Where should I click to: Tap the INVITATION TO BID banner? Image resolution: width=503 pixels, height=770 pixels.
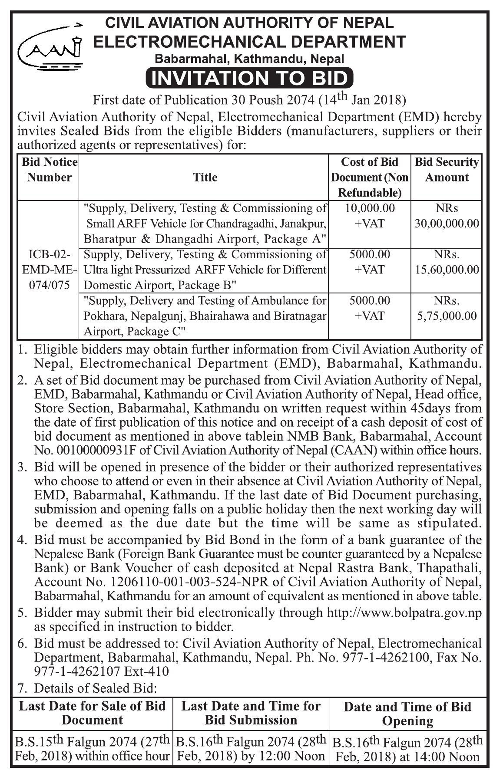pyautogui.click(x=250, y=78)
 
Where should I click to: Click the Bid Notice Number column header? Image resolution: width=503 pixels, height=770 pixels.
pyautogui.click(x=49, y=170)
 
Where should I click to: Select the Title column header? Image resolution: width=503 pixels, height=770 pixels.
pyautogui.click(x=205, y=177)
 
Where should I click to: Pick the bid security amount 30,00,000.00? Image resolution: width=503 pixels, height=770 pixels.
pyautogui.click(x=447, y=224)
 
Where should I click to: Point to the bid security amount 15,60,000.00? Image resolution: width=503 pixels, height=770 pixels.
pyautogui.click(x=447, y=270)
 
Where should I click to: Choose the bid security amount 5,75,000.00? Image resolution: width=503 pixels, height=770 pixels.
pyautogui.click(x=447, y=316)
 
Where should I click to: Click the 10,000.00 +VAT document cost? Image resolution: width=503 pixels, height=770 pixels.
pyautogui.click(x=370, y=216)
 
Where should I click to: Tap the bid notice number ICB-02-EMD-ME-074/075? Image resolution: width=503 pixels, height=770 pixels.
pyautogui.click(x=49, y=270)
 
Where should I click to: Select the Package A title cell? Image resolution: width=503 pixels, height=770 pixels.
pyautogui.click(x=205, y=224)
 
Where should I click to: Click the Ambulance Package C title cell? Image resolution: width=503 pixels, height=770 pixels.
pyautogui.click(x=205, y=316)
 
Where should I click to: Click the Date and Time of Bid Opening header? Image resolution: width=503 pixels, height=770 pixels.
pyautogui.click(x=407, y=714)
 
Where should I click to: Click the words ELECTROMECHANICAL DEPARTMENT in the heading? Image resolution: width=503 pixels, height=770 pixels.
pyautogui.click(x=250, y=42)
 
